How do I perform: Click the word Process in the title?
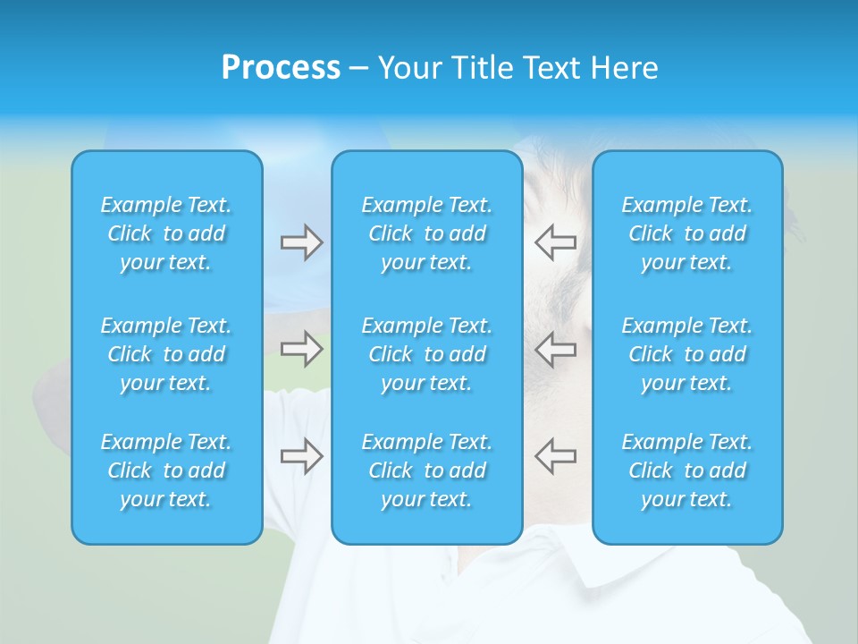281,68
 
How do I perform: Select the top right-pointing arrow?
301,242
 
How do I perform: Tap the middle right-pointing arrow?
301,349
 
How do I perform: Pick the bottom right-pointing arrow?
301,455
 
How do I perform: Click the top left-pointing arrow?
555,242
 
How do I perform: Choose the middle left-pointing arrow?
555,349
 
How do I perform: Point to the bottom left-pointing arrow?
555,455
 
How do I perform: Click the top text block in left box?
166,233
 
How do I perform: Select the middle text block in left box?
166,354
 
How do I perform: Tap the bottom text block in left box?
166,470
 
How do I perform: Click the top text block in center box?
427,233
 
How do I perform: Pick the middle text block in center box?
427,354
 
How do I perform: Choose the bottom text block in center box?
427,470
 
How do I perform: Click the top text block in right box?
687,233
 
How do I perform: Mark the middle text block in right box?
687,354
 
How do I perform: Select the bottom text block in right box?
687,470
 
